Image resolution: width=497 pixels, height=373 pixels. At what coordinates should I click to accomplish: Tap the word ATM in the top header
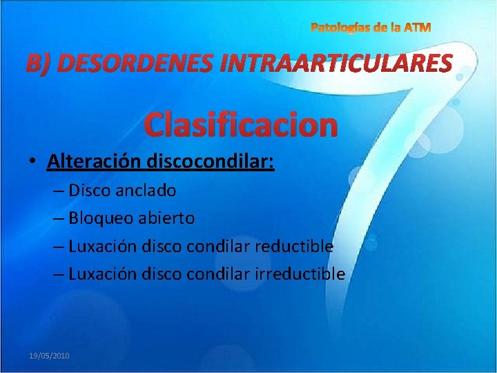[418, 28]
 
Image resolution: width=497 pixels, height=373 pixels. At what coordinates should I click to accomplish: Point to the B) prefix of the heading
[39, 64]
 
